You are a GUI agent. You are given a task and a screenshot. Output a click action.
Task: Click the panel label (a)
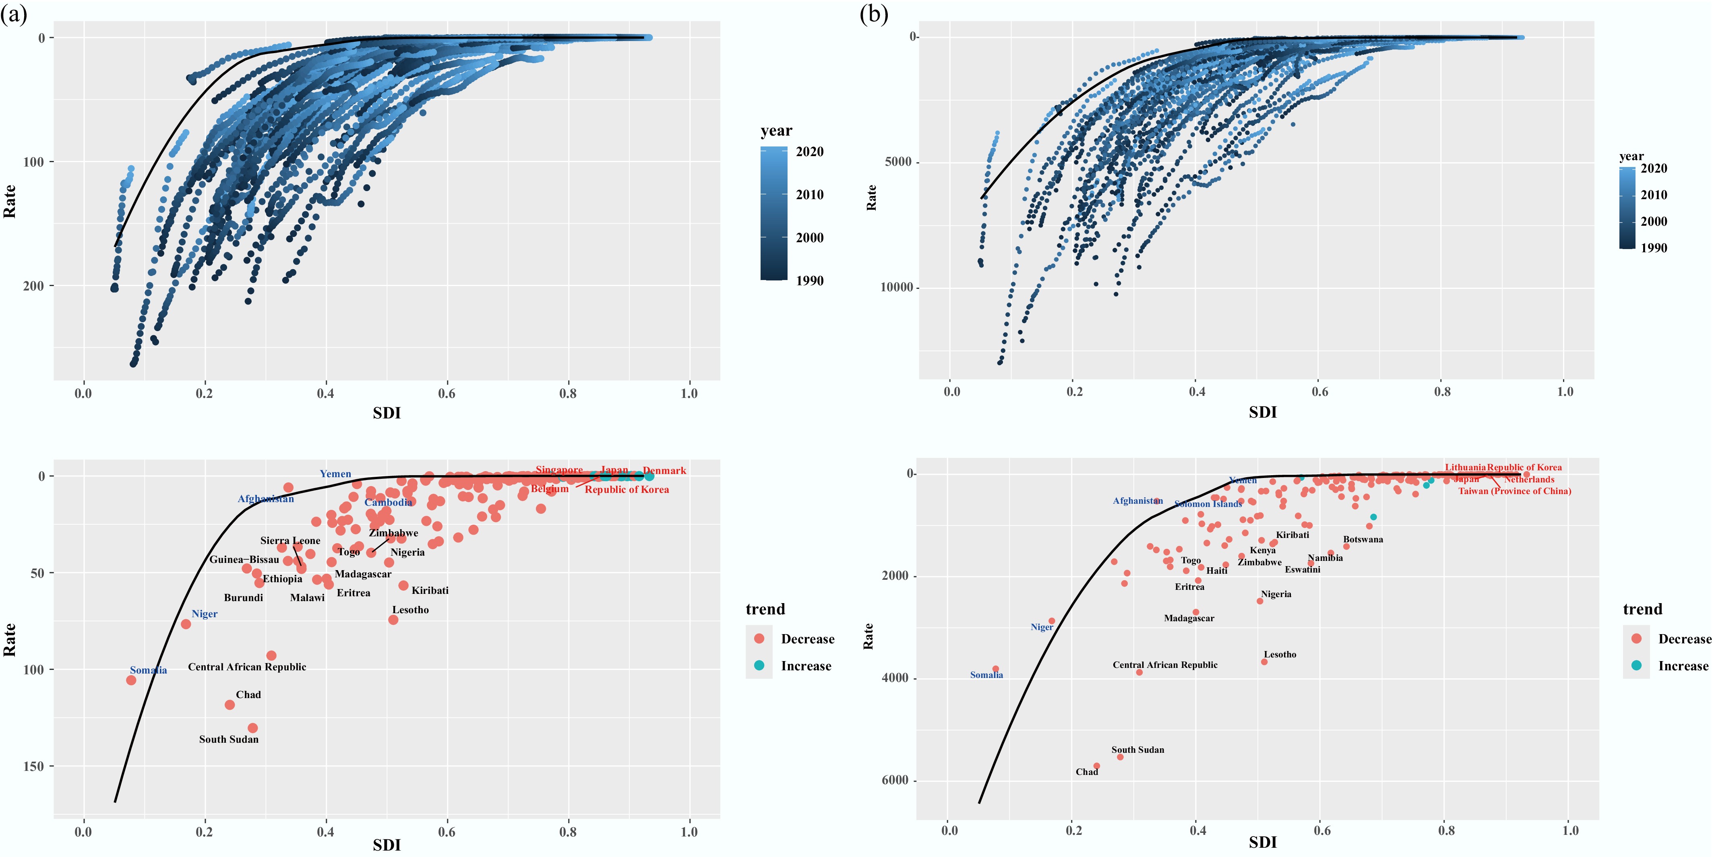click(x=14, y=14)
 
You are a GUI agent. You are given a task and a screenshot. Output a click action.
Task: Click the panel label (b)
click(x=873, y=14)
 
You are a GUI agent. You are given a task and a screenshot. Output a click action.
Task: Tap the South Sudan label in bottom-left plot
click(x=229, y=740)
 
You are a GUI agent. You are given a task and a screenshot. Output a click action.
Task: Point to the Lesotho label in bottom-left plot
click(x=410, y=610)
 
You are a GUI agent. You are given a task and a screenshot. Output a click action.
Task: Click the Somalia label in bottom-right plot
click(x=986, y=675)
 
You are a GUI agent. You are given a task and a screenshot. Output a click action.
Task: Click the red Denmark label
click(x=664, y=470)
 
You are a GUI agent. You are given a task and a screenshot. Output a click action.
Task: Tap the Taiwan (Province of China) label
click(x=1515, y=491)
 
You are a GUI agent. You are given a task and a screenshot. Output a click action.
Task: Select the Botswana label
click(x=1363, y=540)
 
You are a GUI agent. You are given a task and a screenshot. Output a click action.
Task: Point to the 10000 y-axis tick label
click(x=897, y=288)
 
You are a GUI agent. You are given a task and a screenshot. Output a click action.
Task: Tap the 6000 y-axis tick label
click(x=895, y=781)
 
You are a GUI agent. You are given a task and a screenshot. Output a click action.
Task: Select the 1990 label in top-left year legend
click(x=809, y=280)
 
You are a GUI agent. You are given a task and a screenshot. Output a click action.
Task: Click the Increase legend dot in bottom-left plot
click(x=759, y=665)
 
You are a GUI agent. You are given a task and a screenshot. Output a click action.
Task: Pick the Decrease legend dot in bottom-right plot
click(x=1636, y=639)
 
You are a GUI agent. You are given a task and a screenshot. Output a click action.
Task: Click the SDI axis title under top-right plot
click(x=1262, y=412)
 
